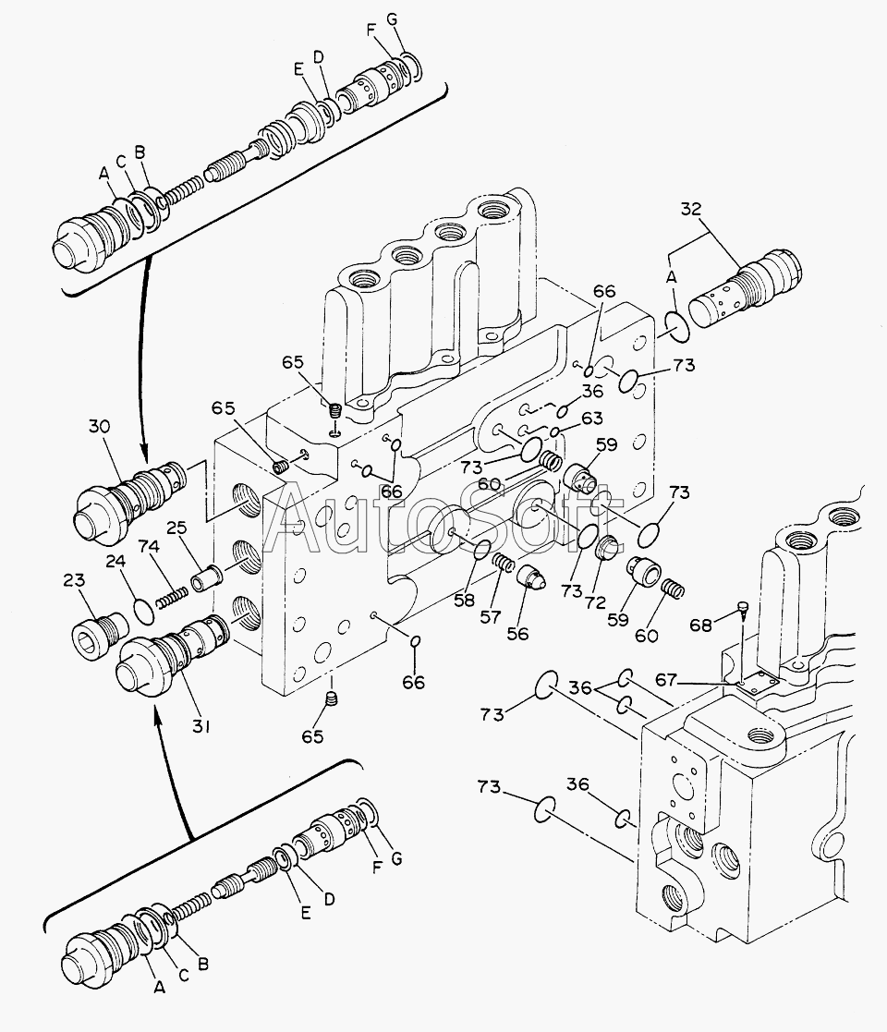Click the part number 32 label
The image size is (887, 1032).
pos(691,210)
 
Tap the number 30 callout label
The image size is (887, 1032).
pos(100,426)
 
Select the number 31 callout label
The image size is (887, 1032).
pos(200,725)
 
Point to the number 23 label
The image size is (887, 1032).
pos(74,580)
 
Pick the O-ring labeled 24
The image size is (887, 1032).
pos(144,610)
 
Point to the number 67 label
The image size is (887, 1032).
pos(666,678)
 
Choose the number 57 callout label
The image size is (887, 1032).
pos(491,616)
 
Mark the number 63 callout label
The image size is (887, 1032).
pos(591,418)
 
